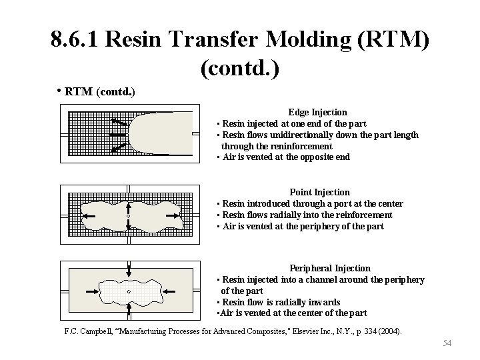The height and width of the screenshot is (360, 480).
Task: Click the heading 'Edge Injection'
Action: tap(317, 112)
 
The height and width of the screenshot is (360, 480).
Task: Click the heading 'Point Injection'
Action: tap(319, 192)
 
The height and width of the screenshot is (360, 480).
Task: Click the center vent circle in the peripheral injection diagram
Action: tap(128, 291)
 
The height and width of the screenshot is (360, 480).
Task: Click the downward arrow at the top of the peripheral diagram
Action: tap(129, 269)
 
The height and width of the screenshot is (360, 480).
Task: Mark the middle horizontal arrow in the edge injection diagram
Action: tap(116, 135)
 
